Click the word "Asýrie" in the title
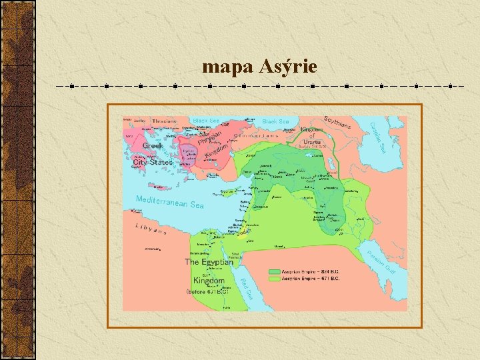tap(287, 67)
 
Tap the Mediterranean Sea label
tap(169, 202)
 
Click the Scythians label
tap(338, 124)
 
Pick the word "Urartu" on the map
tap(311, 141)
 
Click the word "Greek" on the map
tap(153, 145)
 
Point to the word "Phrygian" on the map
tap(209, 139)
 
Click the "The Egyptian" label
tap(209, 262)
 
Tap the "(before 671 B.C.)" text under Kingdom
tap(208, 291)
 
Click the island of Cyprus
tap(227, 192)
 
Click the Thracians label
tap(165, 121)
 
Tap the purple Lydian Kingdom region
tap(189, 153)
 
